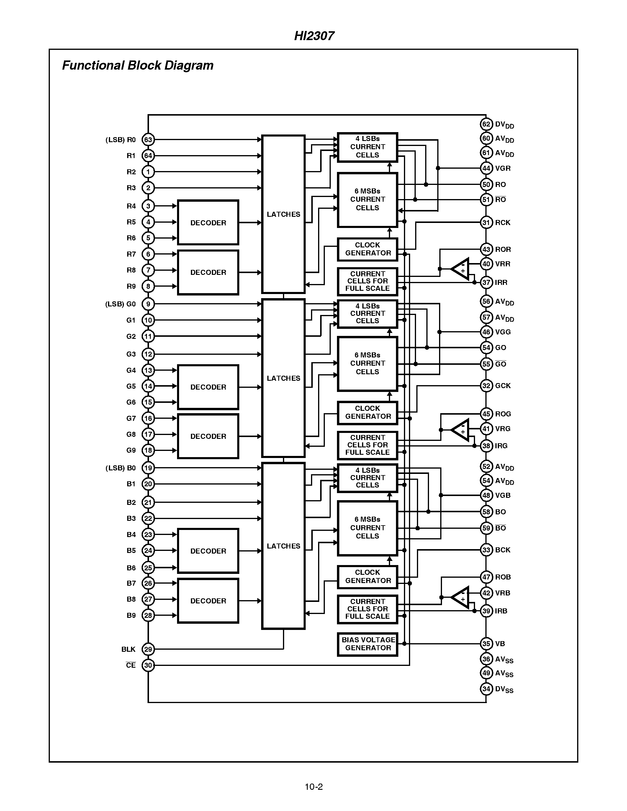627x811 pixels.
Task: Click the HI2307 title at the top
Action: (314, 36)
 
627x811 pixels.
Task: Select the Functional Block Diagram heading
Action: (137, 65)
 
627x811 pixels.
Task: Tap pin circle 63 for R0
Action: (148, 139)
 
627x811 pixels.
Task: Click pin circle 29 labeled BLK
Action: (148, 649)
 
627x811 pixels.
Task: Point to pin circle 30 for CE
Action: (148, 665)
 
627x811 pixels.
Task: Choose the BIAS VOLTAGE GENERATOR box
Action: (367, 644)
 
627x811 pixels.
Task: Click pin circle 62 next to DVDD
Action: (486, 124)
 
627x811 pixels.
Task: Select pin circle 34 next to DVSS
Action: (486, 689)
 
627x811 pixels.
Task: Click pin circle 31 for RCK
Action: (486, 222)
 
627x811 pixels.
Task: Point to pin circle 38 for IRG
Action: (486, 446)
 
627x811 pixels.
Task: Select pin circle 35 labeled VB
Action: (486, 643)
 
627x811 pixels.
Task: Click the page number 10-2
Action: (313, 787)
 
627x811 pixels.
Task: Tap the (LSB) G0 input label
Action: (120, 304)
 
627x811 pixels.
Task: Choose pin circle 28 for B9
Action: (148, 615)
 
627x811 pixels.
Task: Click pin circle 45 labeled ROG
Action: (486, 414)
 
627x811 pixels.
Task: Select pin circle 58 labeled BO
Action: (486, 512)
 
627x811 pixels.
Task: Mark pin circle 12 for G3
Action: (148, 354)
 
